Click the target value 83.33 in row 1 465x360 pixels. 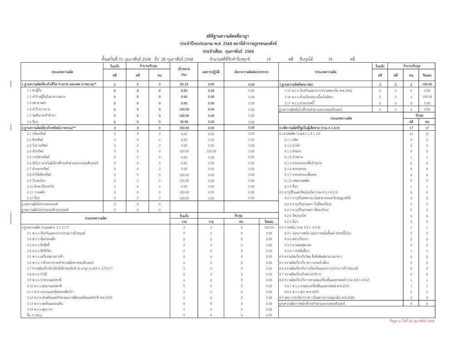coord(184,84)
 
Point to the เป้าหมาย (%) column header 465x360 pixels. coord(184,71)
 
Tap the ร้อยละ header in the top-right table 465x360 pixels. coord(426,75)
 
